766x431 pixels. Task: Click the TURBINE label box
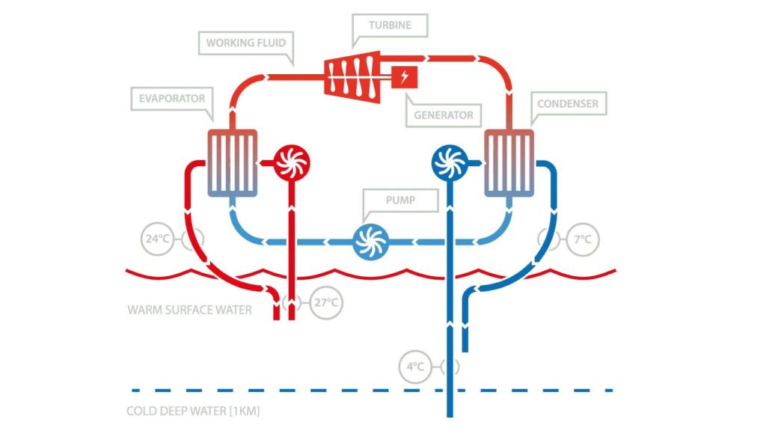tap(390, 25)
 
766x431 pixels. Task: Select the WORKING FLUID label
tap(245, 43)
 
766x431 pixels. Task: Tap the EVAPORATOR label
tap(171, 98)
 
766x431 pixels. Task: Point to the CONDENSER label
tap(568, 103)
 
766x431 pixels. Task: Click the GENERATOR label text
tap(444, 115)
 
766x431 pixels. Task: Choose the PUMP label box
tap(400, 201)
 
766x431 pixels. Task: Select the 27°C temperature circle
tap(327, 303)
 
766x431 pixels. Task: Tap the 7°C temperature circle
tap(583, 239)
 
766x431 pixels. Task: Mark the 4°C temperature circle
tap(416, 367)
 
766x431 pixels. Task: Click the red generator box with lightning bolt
tap(405, 76)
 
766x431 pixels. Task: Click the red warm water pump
tap(289, 162)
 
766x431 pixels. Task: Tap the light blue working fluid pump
tap(370, 242)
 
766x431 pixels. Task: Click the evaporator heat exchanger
tap(232, 162)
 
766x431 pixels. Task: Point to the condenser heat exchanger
tap(509, 162)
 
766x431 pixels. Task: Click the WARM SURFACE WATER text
tap(190, 309)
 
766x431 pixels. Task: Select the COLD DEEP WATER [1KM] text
tap(193, 411)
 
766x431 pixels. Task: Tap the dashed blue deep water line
tap(299, 390)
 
